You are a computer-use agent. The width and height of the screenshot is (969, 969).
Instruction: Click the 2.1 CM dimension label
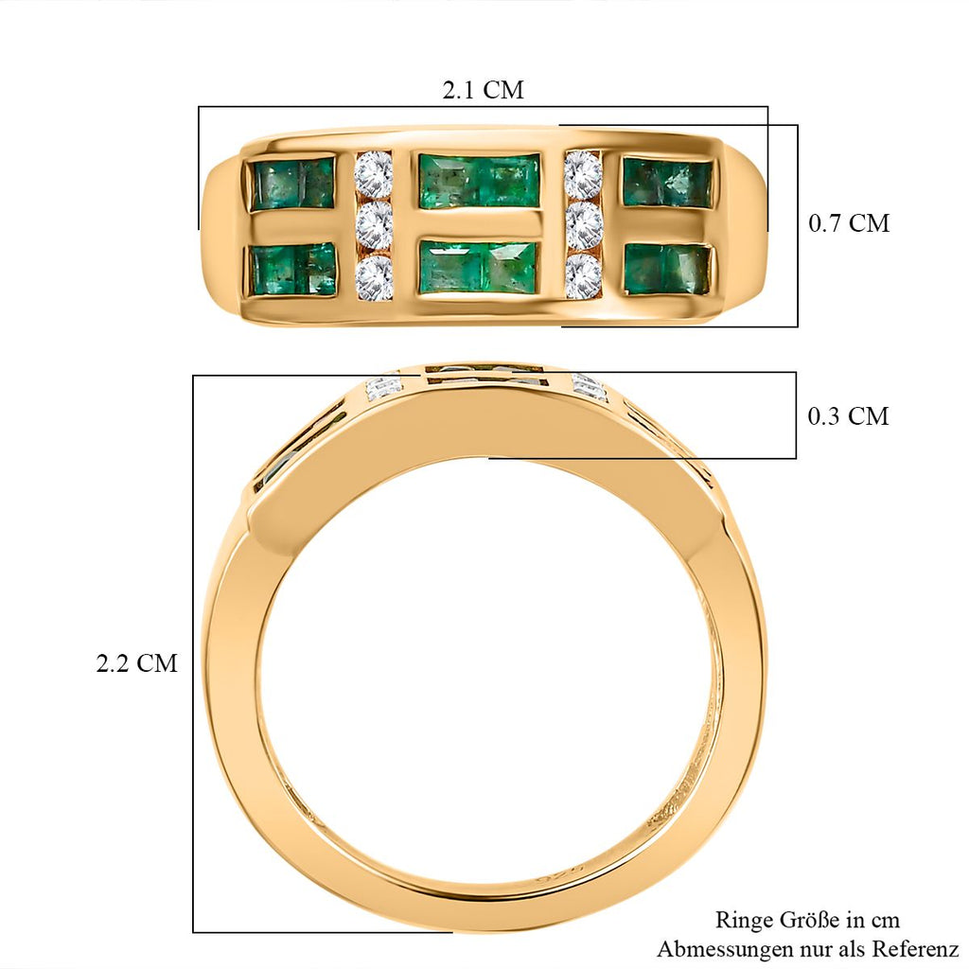coord(483,90)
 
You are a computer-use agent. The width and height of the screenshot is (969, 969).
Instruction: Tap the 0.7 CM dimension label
coord(849,223)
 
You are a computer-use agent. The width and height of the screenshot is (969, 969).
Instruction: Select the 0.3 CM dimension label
coord(849,416)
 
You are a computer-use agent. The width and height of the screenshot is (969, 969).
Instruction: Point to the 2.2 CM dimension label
coord(136,663)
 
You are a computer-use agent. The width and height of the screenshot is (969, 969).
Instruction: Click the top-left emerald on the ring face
coord(291,184)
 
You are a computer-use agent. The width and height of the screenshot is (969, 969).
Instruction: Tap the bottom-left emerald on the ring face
coord(293,270)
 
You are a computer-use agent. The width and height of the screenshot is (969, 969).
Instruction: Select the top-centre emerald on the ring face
coord(479,181)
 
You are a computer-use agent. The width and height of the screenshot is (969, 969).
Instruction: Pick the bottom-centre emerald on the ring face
coord(479,267)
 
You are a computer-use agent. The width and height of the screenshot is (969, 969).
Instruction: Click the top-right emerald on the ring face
coord(667,183)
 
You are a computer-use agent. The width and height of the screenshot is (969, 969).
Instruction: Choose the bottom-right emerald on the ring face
coord(668,269)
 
